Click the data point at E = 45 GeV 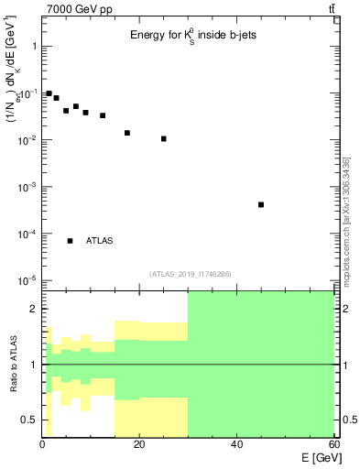[261, 204]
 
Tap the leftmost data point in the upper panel [49, 93]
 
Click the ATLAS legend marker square [71, 241]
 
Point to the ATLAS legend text [99, 241]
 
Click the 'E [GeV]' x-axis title [314, 457]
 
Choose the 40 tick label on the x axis [236, 445]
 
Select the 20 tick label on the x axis [139, 445]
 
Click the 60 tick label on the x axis [333, 445]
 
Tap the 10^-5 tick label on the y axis [27, 280]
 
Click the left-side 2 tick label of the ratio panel [34, 310]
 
